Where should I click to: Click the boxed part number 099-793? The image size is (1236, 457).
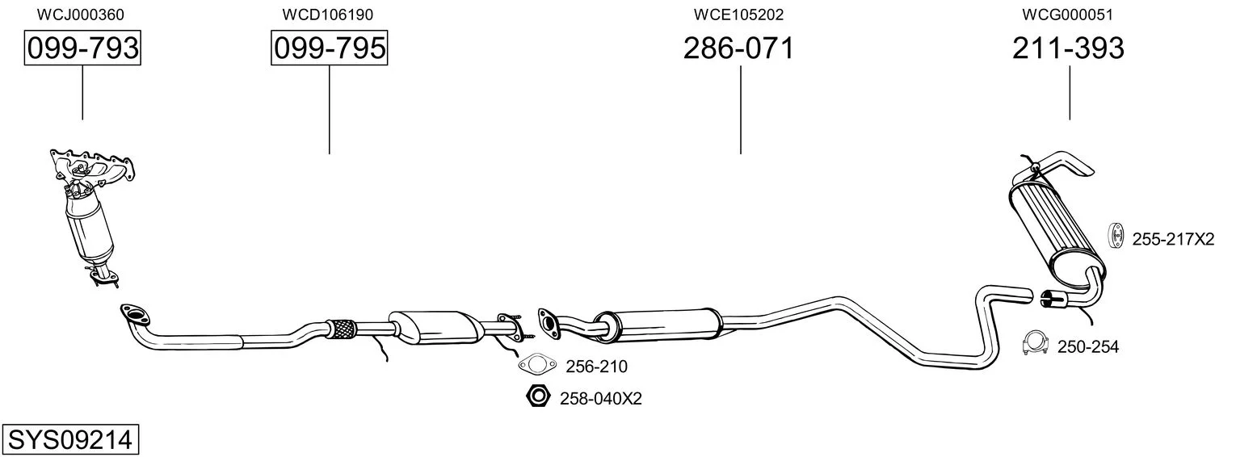pos(82,48)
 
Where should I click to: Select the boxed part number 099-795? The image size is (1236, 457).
pos(330,48)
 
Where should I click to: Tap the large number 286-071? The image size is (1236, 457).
pos(738,48)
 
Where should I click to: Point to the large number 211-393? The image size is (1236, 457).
pos(1068,48)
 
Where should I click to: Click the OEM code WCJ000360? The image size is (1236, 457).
pos(81,15)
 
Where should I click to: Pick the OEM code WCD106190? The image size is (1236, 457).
pos(328,15)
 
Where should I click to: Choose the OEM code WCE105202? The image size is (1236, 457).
pos(738,15)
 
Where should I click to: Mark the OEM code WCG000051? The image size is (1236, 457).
pos(1067,15)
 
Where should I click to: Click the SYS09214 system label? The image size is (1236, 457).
pos(70,440)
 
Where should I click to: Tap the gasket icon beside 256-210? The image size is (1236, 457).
pos(537,364)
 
